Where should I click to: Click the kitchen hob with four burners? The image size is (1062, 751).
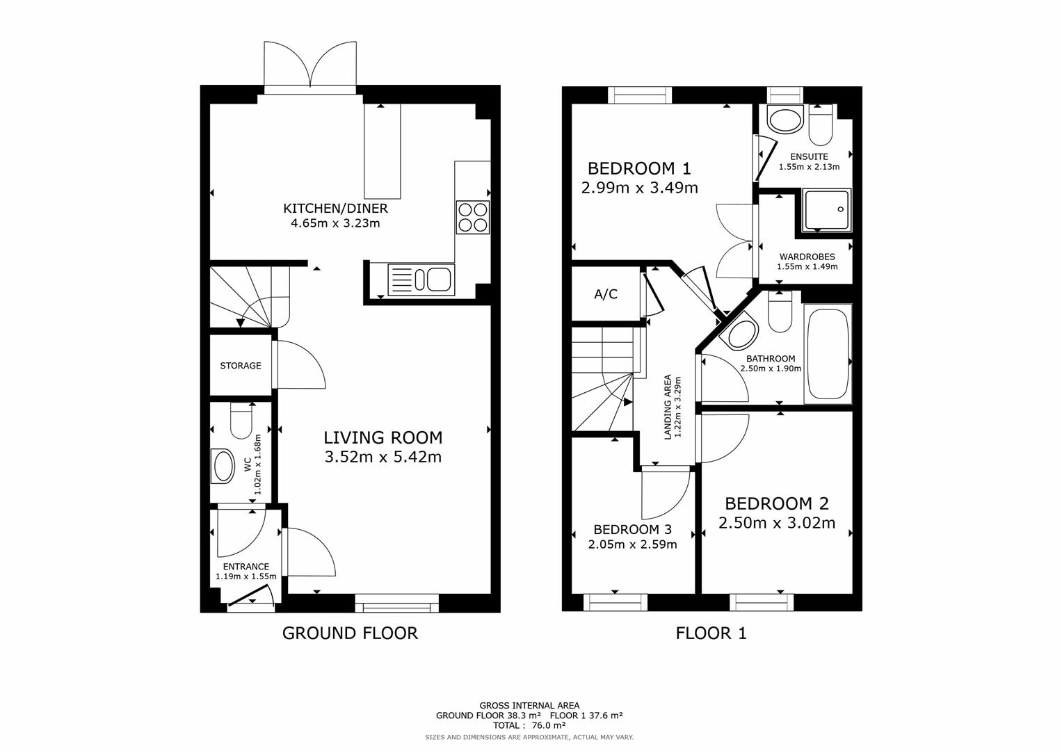(x=473, y=216)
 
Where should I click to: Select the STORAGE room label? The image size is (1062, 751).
(x=241, y=366)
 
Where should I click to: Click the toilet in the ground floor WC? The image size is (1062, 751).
(x=242, y=421)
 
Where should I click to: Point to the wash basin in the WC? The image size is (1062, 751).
(x=224, y=466)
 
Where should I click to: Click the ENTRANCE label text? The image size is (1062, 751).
(x=246, y=567)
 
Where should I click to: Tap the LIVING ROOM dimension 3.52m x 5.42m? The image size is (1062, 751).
(x=383, y=457)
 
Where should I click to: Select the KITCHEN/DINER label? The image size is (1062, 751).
(x=335, y=209)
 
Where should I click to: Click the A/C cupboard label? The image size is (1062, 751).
(x=606, y=294)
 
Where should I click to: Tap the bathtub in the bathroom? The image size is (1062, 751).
(x=827, y=355)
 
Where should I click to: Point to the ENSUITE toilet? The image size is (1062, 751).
(x=821, y=124)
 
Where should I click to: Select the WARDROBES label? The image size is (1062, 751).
(x=807, y=257)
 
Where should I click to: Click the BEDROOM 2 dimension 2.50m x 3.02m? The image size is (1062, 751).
(x=777, y=523)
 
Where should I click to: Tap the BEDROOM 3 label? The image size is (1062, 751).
(x=632, y=529)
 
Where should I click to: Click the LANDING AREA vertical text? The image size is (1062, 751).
(x=668, y=407)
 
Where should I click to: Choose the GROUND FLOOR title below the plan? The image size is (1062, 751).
(x=350, y=633)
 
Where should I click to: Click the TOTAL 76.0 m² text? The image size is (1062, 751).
(x=529, y=725)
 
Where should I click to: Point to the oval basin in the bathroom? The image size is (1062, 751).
(x=743, y=335)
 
